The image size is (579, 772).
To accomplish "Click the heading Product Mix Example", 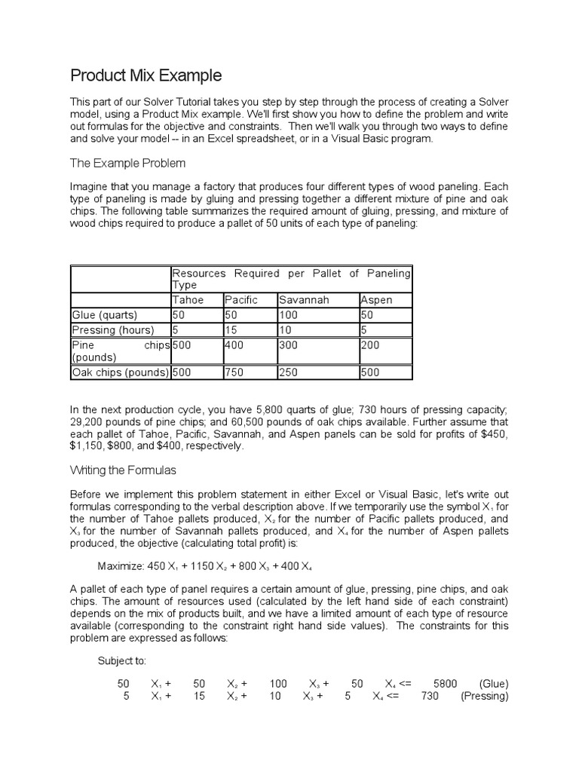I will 146,75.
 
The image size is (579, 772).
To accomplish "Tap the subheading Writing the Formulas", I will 123,470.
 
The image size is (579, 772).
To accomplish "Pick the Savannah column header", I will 304,300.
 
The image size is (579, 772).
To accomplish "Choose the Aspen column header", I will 377,300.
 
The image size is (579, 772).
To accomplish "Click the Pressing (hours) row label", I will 112,329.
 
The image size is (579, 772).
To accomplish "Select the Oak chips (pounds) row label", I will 121,372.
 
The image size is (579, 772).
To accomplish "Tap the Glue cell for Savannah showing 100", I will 288,315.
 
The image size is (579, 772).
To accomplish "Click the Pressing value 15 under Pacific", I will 230,329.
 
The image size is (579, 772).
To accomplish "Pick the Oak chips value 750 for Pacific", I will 234,372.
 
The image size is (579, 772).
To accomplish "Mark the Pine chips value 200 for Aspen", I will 371,345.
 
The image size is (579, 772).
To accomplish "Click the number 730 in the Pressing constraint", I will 430,697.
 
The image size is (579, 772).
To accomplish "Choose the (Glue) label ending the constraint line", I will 494,684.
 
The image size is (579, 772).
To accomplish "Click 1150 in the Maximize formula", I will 195,566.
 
